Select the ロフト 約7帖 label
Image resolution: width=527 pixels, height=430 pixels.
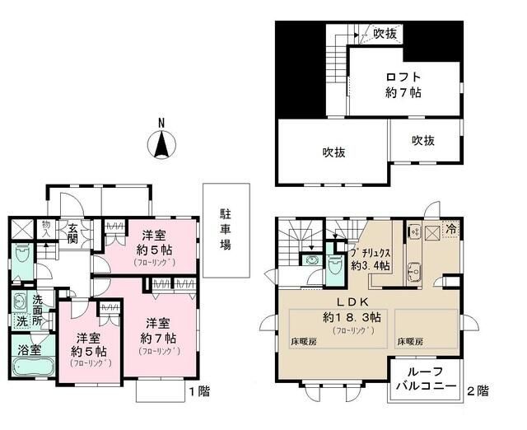[x=403, y=86]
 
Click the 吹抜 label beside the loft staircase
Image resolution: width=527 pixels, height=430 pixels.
[x=385, y=34]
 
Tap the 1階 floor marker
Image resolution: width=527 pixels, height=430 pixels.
[x=199, y=391]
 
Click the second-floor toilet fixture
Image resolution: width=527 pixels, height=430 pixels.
[x=333, y=263]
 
